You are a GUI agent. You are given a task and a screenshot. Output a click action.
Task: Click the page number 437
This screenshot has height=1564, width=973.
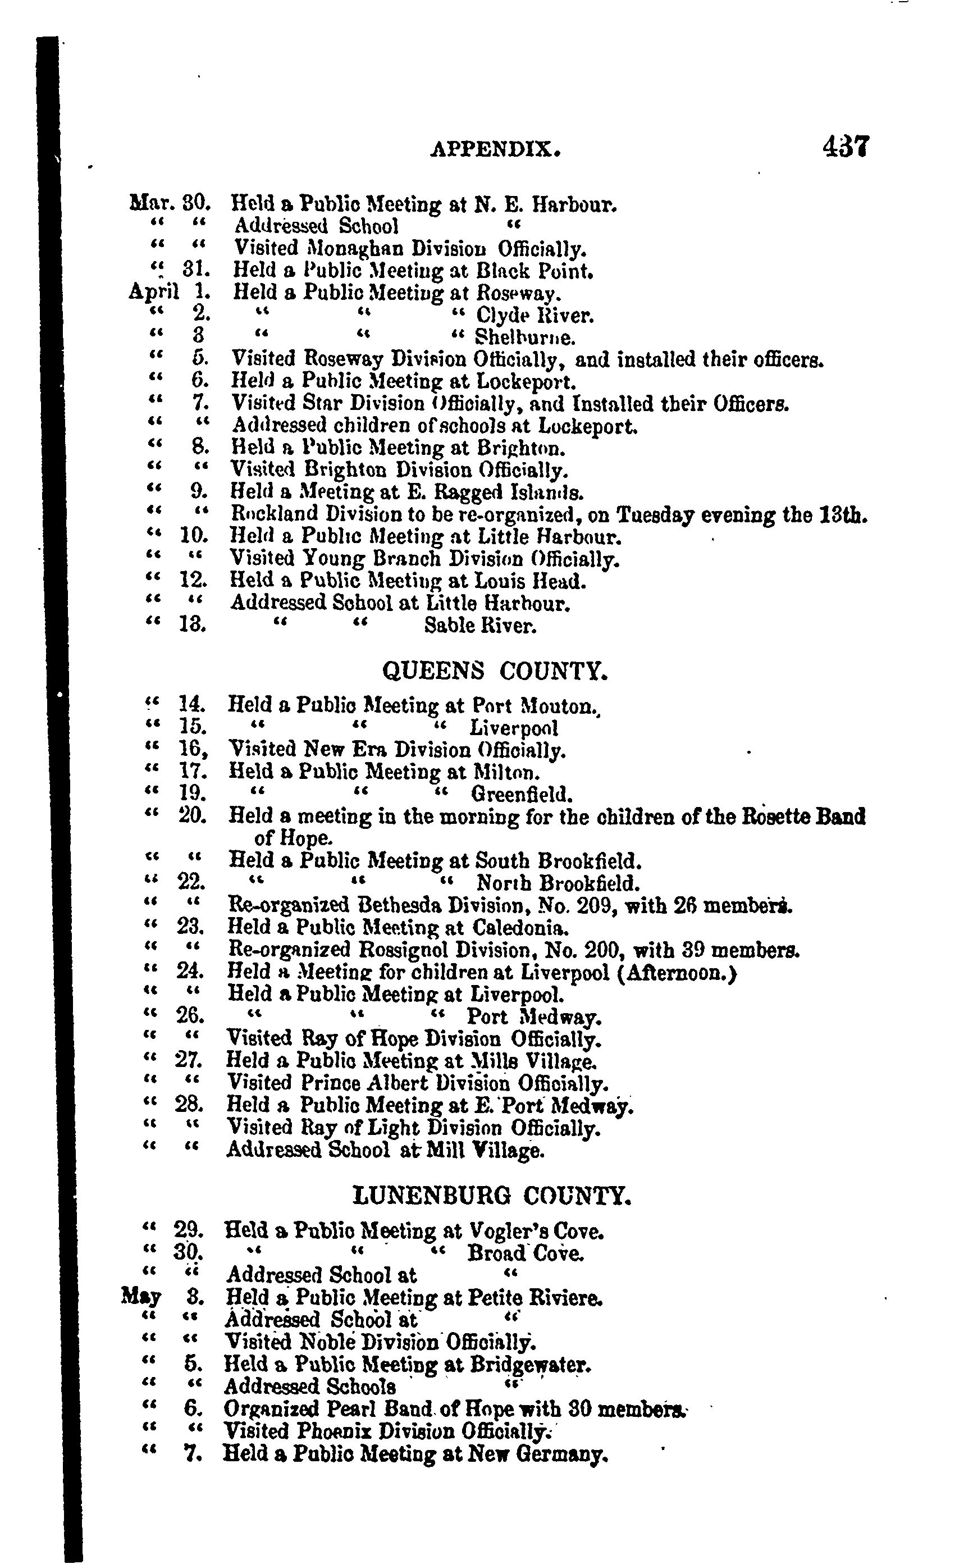[846, 147]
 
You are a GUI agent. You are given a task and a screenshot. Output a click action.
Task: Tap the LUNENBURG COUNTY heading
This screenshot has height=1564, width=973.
[493, 1195]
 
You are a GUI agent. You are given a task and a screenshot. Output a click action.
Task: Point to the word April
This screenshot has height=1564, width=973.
[153, 292]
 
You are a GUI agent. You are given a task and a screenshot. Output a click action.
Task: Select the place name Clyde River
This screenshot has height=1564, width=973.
[534, 316]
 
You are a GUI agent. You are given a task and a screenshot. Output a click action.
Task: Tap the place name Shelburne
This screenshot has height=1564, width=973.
[524, 338]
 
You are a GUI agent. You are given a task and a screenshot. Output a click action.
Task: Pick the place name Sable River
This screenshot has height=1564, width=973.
[480, 625]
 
